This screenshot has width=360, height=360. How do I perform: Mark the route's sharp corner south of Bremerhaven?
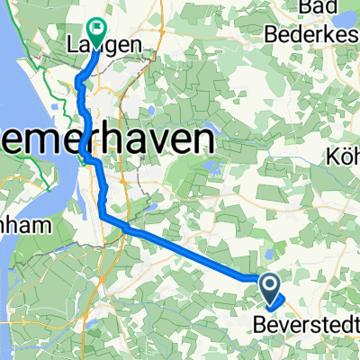(103, 216)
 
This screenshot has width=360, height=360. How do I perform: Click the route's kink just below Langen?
(79, 82)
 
